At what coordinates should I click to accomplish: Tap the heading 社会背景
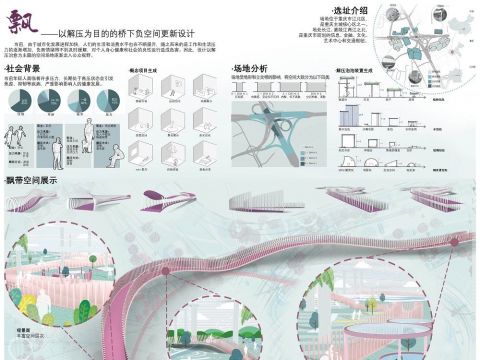25,67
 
